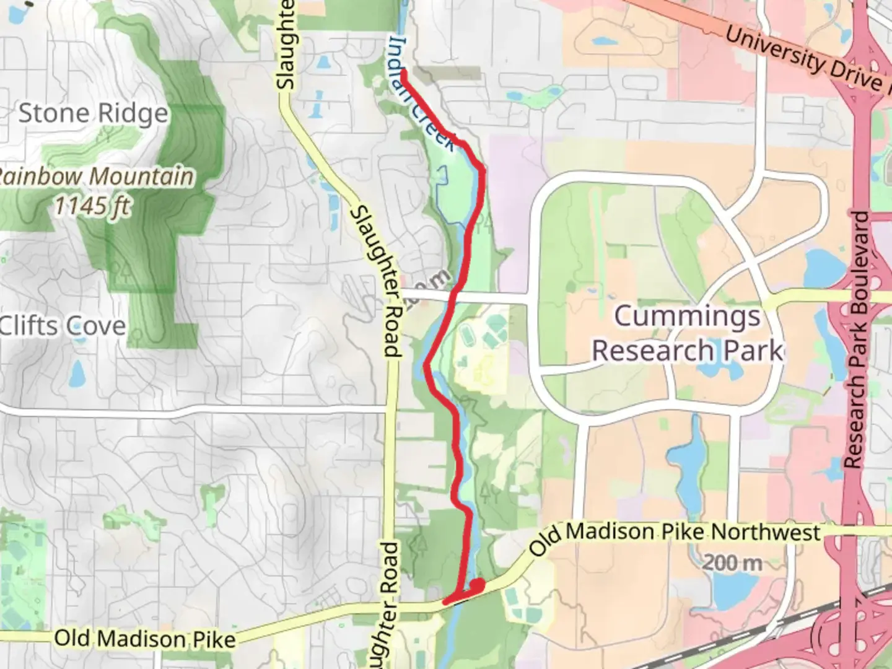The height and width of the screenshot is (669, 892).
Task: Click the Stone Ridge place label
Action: click(x=93, y=113)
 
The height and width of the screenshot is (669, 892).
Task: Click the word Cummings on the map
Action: click(x=687, y=317)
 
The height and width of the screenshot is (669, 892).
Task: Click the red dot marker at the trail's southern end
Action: click(x=478, y=584)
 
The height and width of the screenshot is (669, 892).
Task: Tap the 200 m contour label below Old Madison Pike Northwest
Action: click(x=732, y=562)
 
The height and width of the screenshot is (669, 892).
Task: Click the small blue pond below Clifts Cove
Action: click(x=77, y=373)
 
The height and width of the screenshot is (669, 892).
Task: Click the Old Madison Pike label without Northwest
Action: click(x=145, y=638)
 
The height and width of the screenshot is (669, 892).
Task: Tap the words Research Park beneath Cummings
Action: click(x=687, y=351)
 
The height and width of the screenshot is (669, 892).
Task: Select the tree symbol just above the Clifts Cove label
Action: click(x=124, y=273)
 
